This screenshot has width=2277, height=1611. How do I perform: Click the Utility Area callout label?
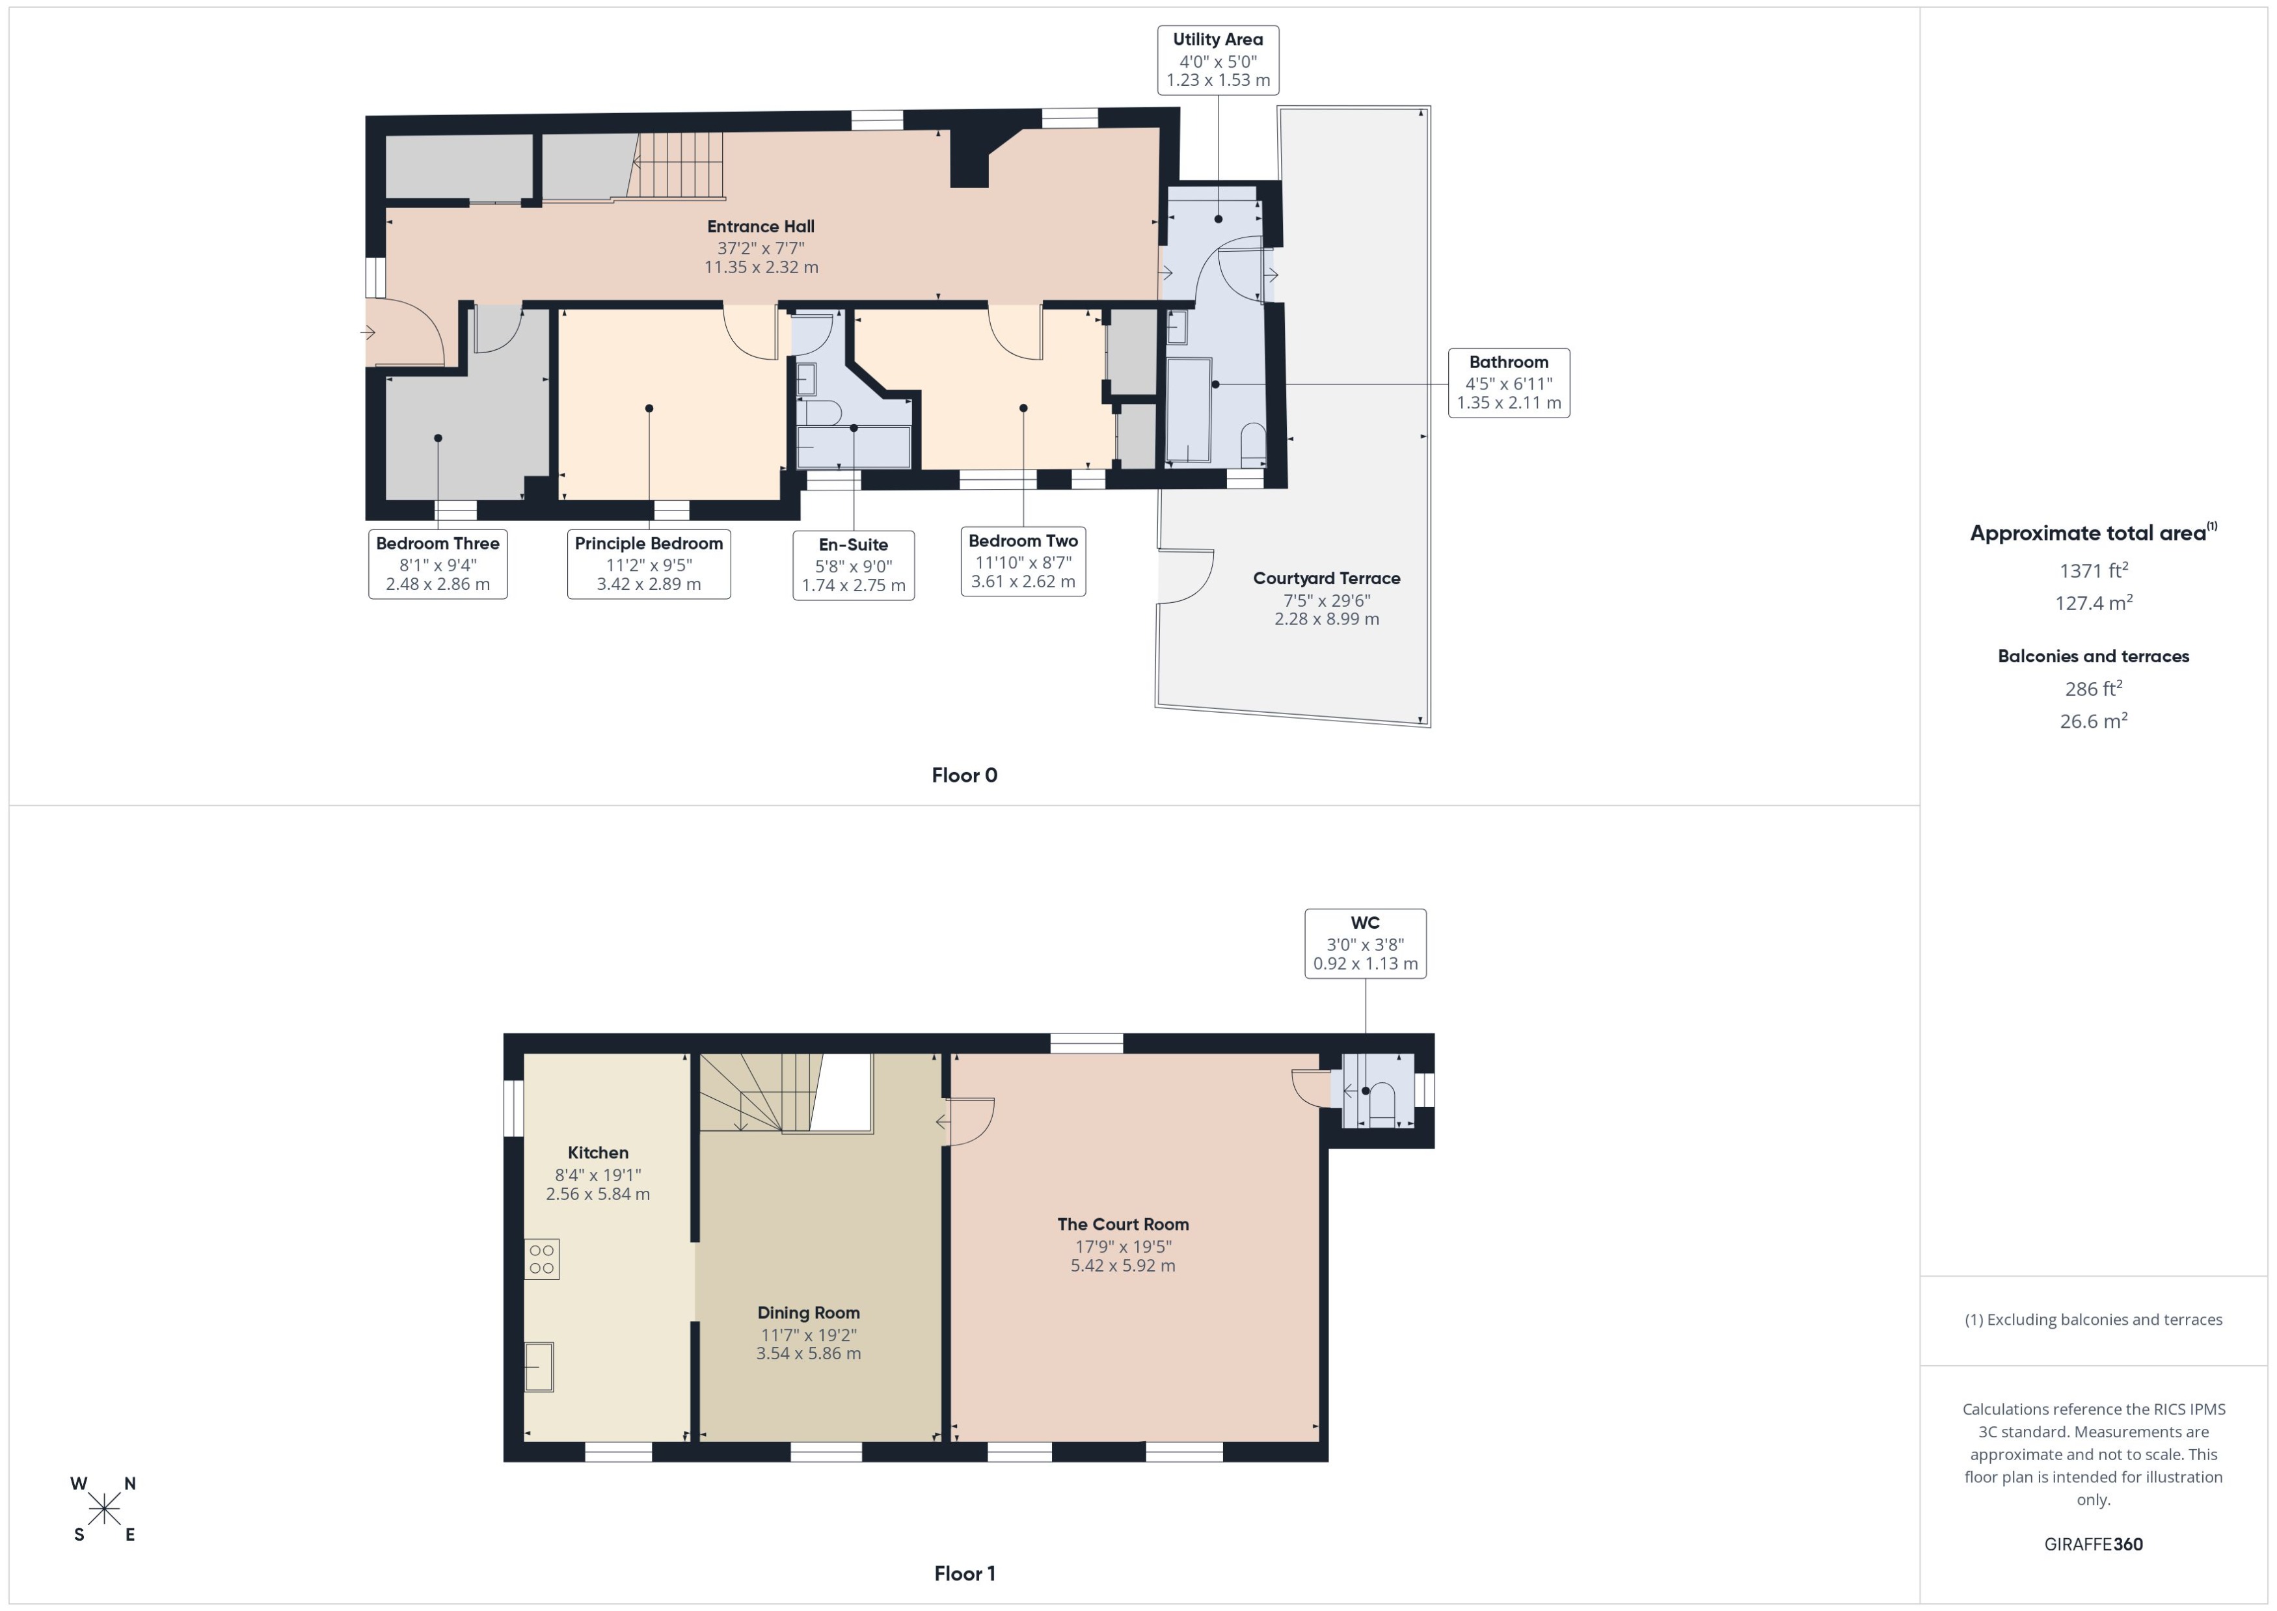click(1217, 60)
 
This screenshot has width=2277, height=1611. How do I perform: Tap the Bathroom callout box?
click(1508, 383)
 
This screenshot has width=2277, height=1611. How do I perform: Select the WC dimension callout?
click(1365, 944)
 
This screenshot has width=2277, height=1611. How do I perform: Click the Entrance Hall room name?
click(760, 226)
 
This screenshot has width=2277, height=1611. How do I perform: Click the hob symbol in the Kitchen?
click(542, 1259)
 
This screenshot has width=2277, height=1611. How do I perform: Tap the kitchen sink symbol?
click(539, 1367)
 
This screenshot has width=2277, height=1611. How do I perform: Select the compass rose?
click(103, 1509)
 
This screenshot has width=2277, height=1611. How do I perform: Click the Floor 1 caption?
click(963, 1573)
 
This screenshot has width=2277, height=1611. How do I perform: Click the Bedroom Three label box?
click(438, 563)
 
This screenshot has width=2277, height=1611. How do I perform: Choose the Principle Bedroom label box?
click(648, 563)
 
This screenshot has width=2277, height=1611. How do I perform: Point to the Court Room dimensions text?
click(1122, 1256)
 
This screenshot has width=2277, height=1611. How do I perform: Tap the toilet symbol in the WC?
click(1382, 1101)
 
